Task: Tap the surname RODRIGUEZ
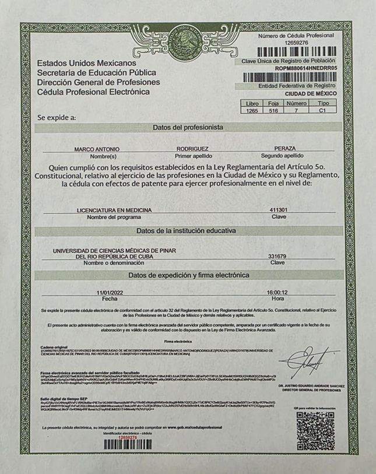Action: point(192,149)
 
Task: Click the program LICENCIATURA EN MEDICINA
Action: point(114,210)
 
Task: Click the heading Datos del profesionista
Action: point(188,127)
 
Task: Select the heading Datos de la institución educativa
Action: point(188,230)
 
